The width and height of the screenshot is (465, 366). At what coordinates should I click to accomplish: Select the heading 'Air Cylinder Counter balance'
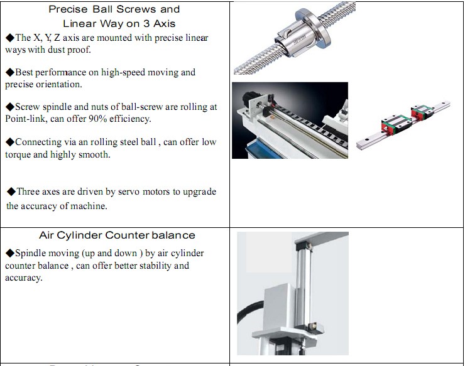(x=117, y=235)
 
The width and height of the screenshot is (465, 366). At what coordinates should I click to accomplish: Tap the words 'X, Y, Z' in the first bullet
(x=50, y=38)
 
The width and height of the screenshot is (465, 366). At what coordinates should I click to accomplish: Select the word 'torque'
(x=18, y=154)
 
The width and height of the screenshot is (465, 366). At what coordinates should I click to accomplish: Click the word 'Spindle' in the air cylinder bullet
(x=30, y=253)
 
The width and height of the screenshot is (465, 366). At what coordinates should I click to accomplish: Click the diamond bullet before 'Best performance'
(x=9, y=72)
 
